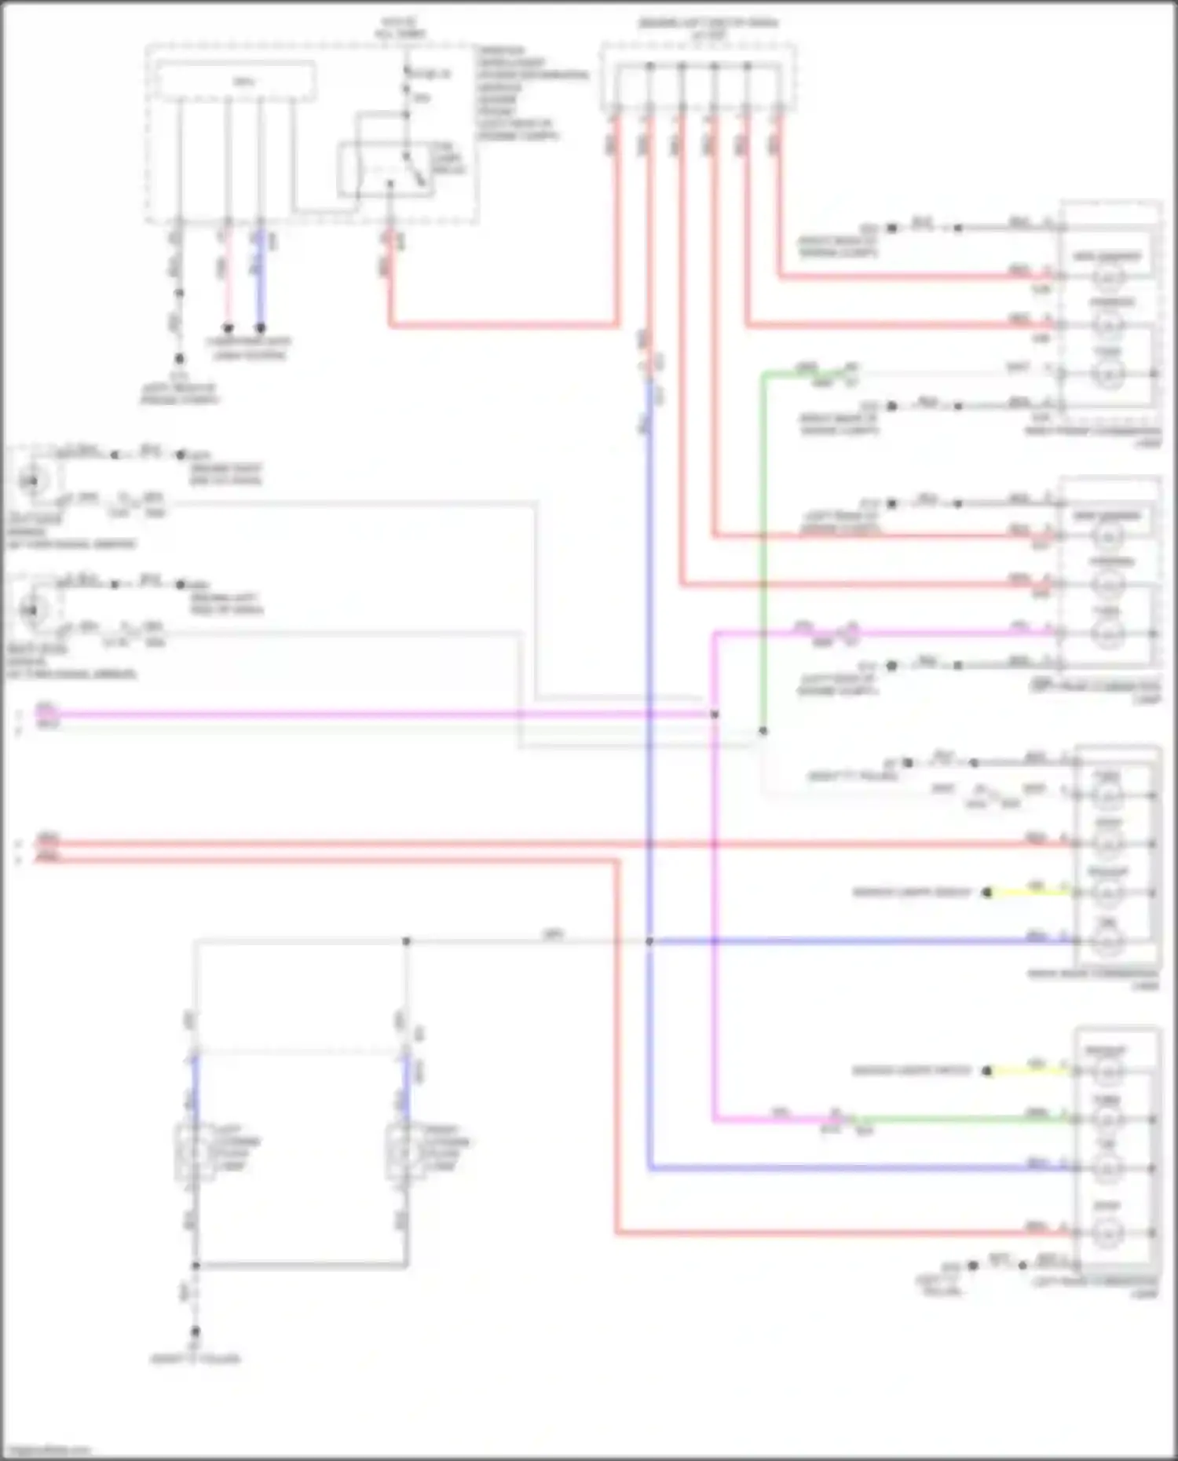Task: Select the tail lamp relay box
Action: pos(385,169)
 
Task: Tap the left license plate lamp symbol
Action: pos(193,1152)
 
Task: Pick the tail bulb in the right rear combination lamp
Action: pos(1107,941)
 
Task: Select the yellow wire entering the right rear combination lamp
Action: pos(1029,893)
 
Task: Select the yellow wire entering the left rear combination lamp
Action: pos(1029,1070)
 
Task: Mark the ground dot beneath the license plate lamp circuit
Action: pos(196,1331)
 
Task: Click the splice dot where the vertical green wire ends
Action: pos(763,731)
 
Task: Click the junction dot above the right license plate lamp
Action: pos(406,941)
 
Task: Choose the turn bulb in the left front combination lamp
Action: pos(1108,633)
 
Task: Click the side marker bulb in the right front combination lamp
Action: pos(1108,276)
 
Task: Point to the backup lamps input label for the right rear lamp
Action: pos(911,893)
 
